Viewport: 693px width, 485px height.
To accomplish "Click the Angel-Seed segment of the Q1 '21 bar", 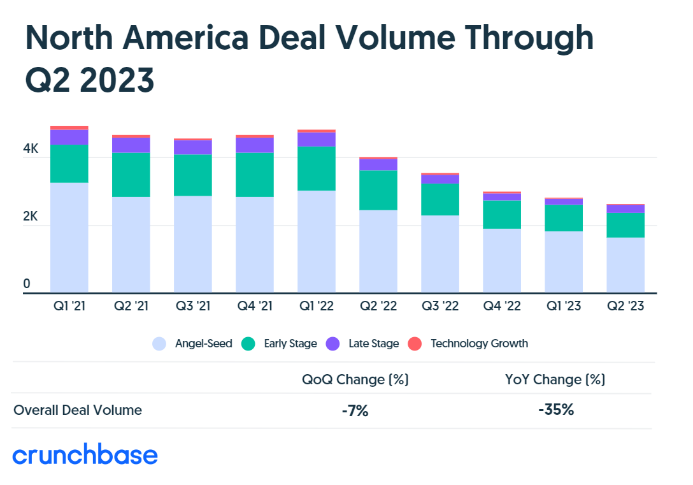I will click(x=69, y=237).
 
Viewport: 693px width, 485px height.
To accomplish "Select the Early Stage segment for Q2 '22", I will click(x=378, y=190).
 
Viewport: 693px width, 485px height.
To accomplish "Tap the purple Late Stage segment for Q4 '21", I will click(x=255, y=145).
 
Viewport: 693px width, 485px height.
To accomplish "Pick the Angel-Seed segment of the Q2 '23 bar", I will click(x=625, y=264).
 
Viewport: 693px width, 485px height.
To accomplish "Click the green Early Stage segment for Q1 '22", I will click(x=317, y=168).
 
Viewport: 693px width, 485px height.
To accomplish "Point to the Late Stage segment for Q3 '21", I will click(x=193, y=147).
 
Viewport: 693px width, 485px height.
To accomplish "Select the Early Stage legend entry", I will click(x=280, y=344).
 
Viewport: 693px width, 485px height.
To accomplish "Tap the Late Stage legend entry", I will click(x=362, y=344).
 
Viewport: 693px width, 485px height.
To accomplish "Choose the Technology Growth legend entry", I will click(x=468, y=344).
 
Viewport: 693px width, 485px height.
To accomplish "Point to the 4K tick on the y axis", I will click(x=31, y=149).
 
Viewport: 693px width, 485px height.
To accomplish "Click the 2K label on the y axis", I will click(x=31, y=216).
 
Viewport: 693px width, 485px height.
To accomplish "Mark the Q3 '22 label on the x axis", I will click(x=440, y=307).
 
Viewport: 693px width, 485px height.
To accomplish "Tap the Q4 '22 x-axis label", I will click(x=502, y=307).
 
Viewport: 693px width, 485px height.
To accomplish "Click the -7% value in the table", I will click(x=355, y=411).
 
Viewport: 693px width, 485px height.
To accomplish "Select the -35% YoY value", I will click(x=555, y=410).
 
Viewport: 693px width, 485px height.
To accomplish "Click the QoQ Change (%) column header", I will click(x=355, y=380).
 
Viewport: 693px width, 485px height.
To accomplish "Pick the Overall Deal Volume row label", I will click(x=78, y=410).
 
